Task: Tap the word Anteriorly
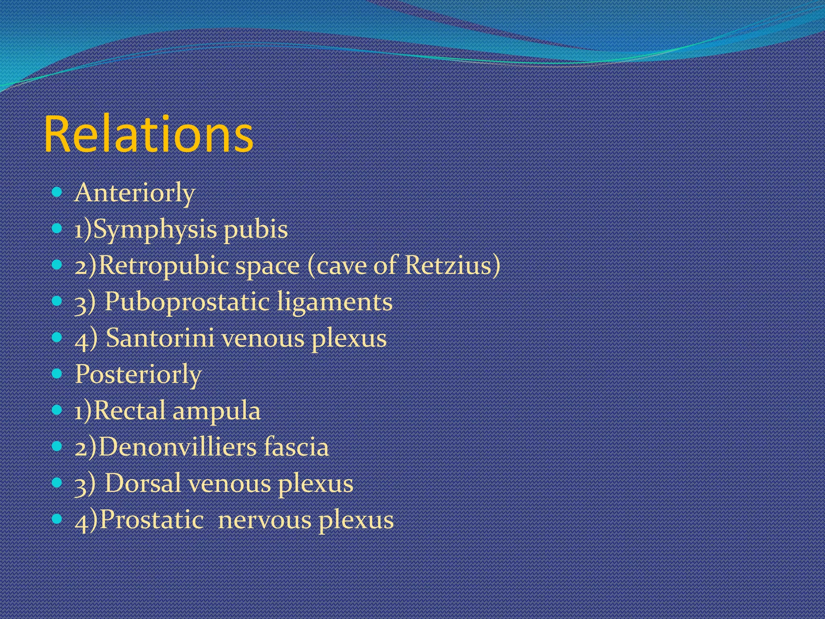tap(135, 193)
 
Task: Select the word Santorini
tap(160, 338)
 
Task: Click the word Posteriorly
tap(138, 374)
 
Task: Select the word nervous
tap(264, 520)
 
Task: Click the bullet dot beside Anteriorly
tap(57, 193)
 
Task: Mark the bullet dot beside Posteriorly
tap(57, 374)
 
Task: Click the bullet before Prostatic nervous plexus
tap(57, 519)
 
